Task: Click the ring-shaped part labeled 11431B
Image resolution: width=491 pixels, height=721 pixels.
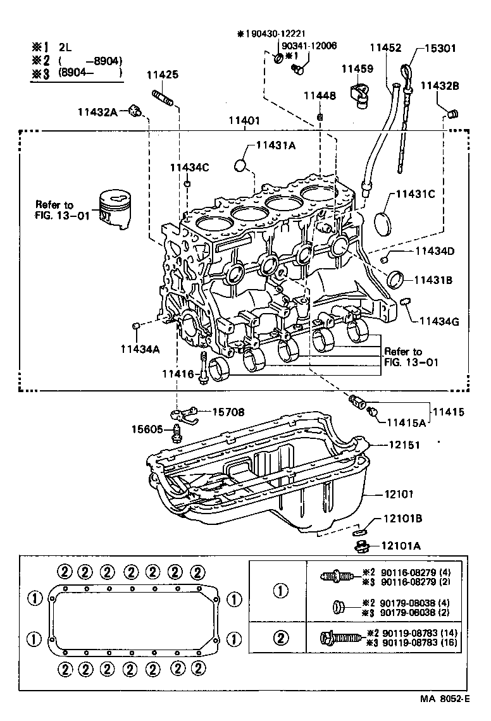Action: click(x=397, y=278)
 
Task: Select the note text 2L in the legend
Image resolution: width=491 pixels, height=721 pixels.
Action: click(x=66, y=47)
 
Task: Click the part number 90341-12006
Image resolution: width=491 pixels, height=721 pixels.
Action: click(x=309, y=46)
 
